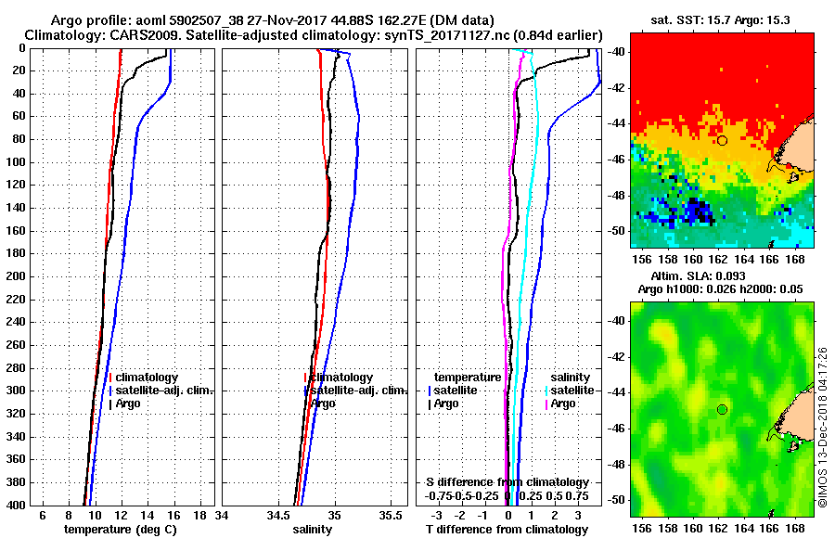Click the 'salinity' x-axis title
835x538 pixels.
pos(311,530)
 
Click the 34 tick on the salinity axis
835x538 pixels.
pos(223,515)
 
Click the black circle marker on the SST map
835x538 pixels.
pos(722,140)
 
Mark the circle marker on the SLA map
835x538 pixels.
pos(722,409)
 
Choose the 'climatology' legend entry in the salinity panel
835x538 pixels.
pos(341,378)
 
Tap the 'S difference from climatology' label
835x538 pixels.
pos(507,482)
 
